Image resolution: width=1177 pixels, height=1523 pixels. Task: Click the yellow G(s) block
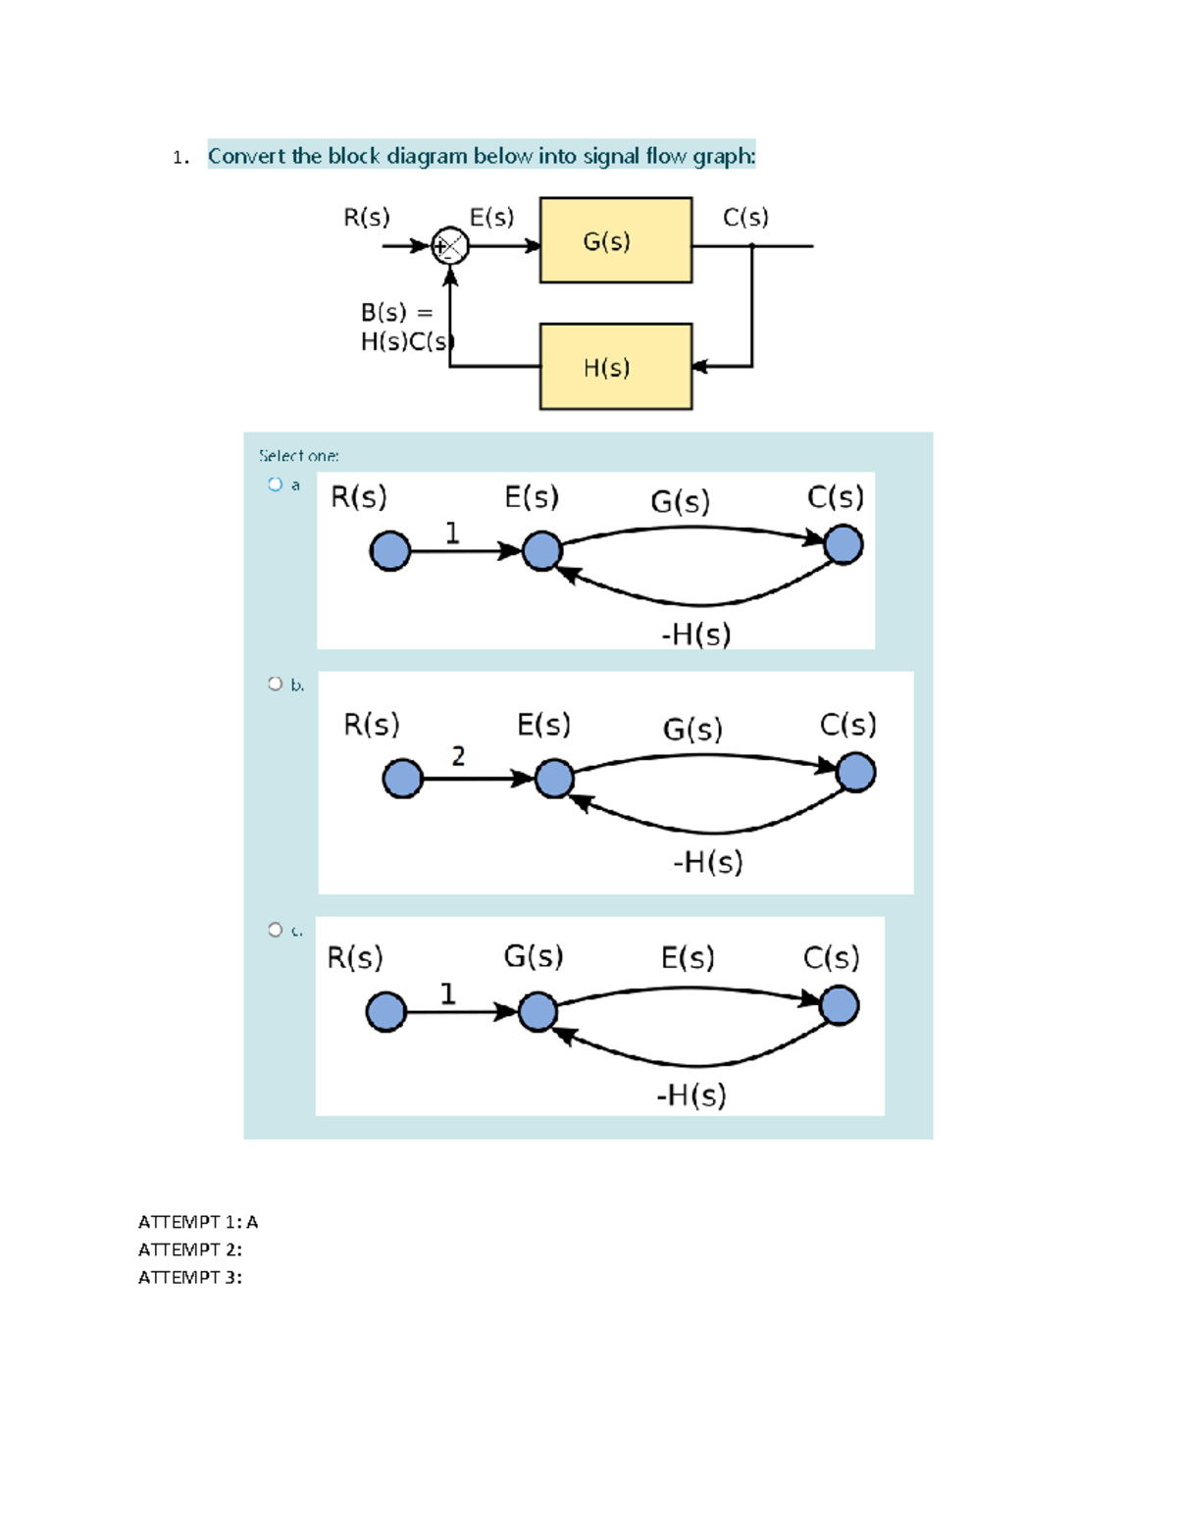615,241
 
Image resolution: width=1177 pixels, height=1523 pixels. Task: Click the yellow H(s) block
615,367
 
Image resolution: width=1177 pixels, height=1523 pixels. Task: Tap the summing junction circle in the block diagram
450,246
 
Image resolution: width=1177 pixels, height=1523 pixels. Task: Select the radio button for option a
275,484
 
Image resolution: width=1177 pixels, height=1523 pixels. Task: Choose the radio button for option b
275,684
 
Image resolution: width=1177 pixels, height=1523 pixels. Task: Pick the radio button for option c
275,930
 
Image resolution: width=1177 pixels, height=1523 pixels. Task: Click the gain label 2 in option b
458,756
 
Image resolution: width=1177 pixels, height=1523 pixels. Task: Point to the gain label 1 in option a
451,533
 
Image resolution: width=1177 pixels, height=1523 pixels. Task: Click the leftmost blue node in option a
389,551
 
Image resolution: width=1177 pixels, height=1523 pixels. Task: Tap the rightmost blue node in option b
855,773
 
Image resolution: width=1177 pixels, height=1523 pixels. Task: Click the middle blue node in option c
537,1012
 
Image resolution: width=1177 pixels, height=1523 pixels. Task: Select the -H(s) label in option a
695,635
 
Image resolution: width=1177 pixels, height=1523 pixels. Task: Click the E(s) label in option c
687,957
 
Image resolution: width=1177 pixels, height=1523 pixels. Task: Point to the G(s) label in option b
692,729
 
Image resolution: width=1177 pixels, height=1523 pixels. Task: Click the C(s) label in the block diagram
745,217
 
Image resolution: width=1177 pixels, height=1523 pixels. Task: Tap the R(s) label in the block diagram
366,217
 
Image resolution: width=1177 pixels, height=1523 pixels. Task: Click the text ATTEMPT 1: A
198,1222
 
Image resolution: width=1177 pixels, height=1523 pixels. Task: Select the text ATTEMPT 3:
189,1277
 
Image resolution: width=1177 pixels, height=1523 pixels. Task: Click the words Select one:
299,456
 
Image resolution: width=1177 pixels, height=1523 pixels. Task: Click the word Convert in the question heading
246,156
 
